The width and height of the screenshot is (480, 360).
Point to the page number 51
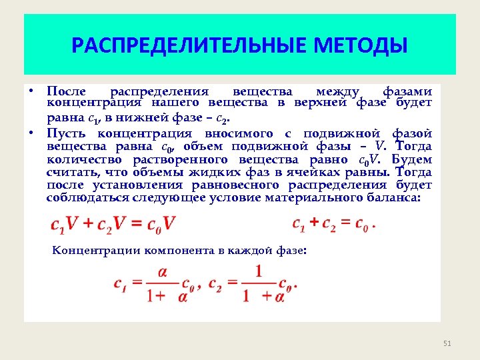click(x=447, y=343)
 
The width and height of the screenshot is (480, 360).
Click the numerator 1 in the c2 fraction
click(x=259, y=271)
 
